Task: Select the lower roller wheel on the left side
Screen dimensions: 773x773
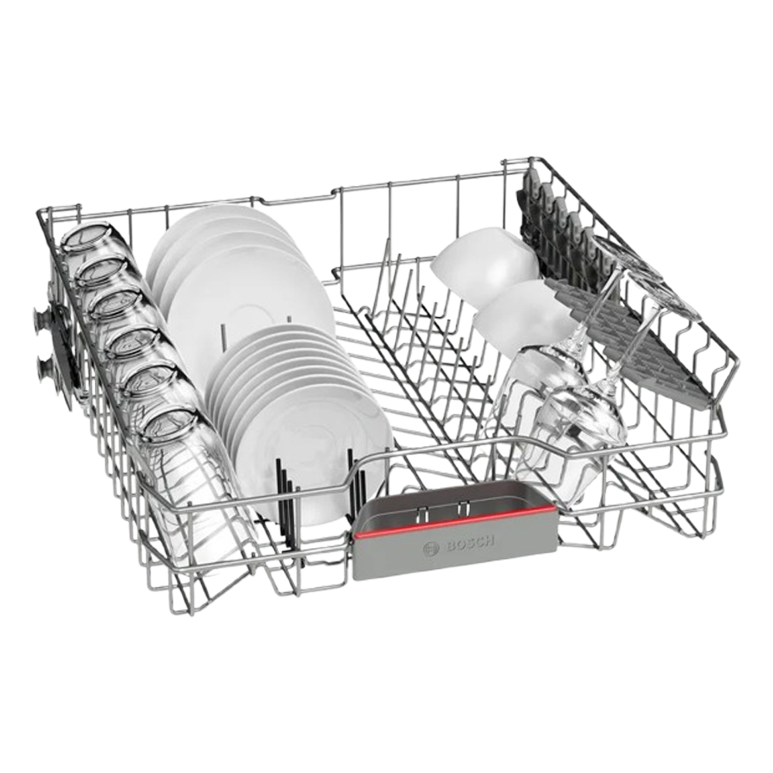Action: tap(46, 367)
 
